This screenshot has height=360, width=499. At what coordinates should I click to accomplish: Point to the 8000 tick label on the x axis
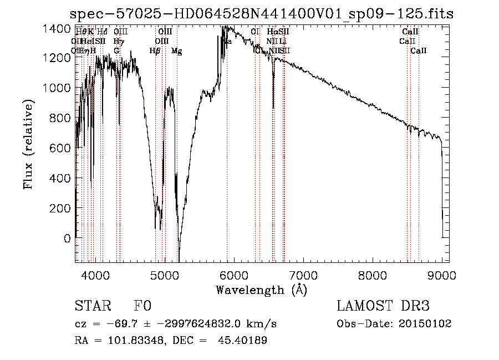coord(373,275)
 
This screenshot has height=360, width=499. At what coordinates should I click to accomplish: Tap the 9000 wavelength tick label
coord(442,275)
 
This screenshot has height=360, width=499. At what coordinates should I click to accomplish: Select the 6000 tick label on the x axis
coord(233,275)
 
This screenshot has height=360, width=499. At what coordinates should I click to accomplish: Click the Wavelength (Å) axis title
coord(261,290)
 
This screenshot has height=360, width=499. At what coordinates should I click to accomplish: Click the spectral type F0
coord(142,307)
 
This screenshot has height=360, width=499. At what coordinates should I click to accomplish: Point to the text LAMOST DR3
coord(383,307)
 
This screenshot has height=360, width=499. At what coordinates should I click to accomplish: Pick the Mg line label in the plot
coord(176,51)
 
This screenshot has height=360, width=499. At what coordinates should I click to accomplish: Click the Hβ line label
coord(155,51)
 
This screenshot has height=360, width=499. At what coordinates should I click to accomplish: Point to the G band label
coord(116,51)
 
